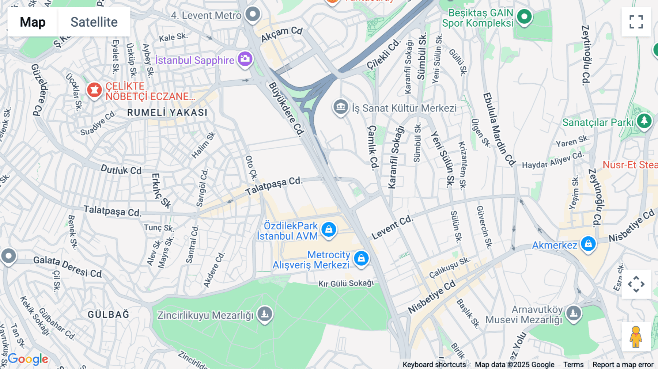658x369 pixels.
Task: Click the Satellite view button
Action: click(x=94, y=22)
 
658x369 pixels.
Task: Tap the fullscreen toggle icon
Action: click(x=636, y=22)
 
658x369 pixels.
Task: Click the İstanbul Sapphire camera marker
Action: click(x=245, y=58)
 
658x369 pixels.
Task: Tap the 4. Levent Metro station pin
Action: click(x=253, y=15)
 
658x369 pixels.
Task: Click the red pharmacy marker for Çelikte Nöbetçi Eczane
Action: click(x=94, y=90)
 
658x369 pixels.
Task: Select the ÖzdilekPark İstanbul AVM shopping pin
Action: click(x=329, y=229)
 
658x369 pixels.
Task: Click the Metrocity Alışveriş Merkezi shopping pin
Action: click(x=361, y=258)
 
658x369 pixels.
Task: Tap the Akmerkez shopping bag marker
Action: click(x=588, y=243)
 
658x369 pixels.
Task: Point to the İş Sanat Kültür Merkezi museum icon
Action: click(x=340, y=107)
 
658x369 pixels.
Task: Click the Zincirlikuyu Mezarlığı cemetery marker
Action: click(x=265, y=313)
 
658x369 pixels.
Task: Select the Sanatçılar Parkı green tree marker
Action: click(x=644, y=121)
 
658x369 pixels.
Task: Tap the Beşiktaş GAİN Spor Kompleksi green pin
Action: click(x=524, y=16)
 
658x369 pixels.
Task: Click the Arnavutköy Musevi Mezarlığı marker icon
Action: click(x=573, y=313)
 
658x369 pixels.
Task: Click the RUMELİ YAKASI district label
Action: click(x=167, y=113)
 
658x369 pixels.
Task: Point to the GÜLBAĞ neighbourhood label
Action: click(x=108, y=314)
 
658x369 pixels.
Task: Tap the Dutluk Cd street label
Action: click(x=121, y=170)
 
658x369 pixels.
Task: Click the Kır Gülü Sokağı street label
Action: click(x=346, y=284)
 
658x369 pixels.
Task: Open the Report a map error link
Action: click(x=623, y=365)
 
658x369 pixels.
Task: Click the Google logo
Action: click(x=28, y=359)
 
